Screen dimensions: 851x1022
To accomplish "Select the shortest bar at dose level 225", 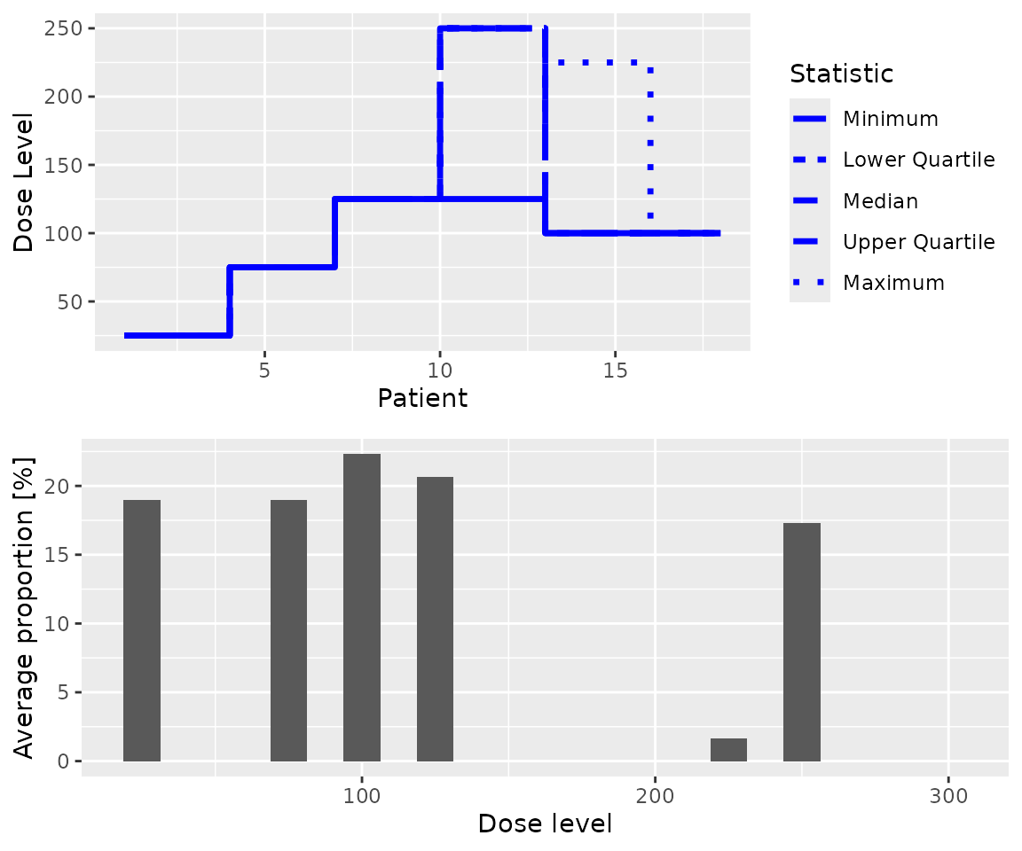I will click(728, 750).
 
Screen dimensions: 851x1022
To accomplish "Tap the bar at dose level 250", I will click(802, 642).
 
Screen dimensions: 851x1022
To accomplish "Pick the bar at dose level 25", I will click(142, 630).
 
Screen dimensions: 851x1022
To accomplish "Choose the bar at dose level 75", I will click(288, 630).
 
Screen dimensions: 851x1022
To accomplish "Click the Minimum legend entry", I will click(890, 119).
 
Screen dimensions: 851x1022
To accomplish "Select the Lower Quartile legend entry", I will click(918, 160).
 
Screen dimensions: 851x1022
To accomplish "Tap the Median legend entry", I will click(880, 201).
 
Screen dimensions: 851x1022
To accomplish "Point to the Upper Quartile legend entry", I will click(918, 242).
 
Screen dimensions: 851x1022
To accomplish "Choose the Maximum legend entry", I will click(893, 283).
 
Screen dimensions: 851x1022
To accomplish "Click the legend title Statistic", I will click(841, 74).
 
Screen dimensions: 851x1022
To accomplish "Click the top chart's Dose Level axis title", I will click(25, 182).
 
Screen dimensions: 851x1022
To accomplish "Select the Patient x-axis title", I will click(422, 399).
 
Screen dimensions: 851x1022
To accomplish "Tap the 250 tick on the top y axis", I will click(65, 28).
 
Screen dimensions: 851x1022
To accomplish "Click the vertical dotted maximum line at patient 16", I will click(650, 142).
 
